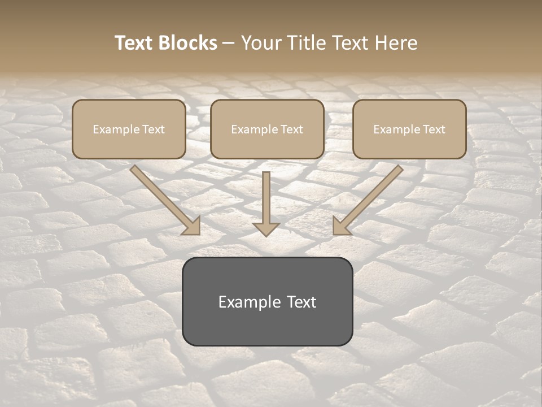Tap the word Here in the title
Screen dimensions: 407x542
click(x=399, y=43)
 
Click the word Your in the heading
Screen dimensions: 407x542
click(x=261, y=43)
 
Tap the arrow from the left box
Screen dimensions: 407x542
click(x=164, y=198)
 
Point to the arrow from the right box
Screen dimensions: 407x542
click(x=370, y=198)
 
